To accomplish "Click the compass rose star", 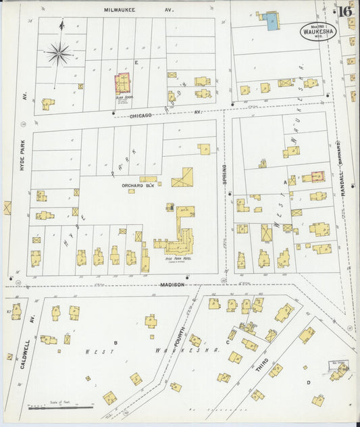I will click(59, 53).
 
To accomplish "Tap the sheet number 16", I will click(344, 11).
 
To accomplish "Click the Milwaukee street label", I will click(120, 10).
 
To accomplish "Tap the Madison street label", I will click(172, 284).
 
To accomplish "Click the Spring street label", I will click(224, 176).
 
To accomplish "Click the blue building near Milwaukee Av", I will click(271, 22).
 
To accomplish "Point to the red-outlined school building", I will click(123, 84).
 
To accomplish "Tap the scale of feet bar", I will click(61, 407).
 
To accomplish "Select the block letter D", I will click(309, 383).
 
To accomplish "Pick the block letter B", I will click(115, 343).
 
